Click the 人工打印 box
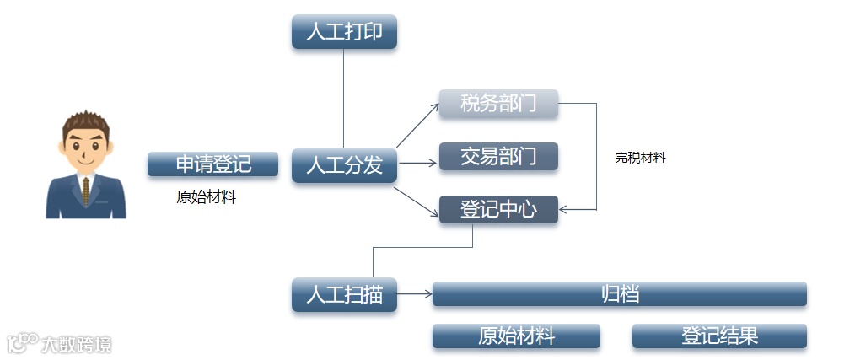tap(344, 32)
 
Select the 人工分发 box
tap(344, 165)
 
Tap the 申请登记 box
tap(212, 164)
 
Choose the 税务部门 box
tap(498, 104)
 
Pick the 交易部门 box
tap(498, 157)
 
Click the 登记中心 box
tap(498, 209)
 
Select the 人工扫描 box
tap(344, 295)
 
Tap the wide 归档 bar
tap(620, 294)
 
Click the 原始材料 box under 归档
tap(516, 336)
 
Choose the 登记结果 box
tap(719, 336)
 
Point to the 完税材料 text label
tap(640, 158)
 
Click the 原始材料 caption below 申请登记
tap(206, 198)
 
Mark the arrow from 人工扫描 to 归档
tap(415, 294)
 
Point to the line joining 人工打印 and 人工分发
tap(344, 98)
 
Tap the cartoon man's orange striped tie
tap(85, 191)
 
